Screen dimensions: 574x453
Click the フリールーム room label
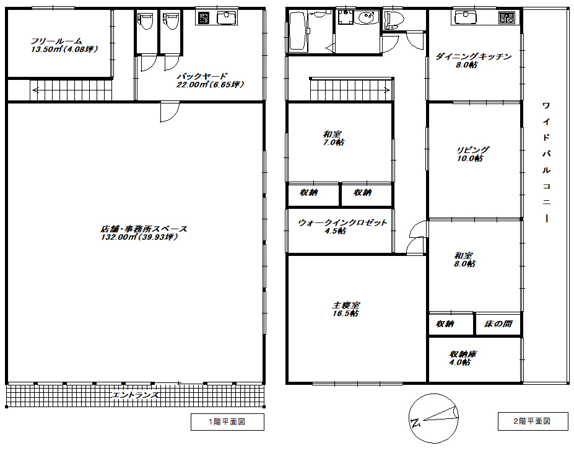64,45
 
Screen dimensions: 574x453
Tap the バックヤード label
210,81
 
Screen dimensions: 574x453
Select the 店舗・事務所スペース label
144,233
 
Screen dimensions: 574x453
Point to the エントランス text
135,395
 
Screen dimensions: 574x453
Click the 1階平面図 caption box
227,422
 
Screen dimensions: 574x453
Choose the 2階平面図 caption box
533,421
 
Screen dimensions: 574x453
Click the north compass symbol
433,418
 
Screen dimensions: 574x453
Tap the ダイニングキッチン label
473,61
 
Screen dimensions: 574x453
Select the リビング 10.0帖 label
472,154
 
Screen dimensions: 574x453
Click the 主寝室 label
346,309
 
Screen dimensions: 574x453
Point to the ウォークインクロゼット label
342,227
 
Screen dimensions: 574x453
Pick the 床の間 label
498,323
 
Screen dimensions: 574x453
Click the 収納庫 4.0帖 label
463,358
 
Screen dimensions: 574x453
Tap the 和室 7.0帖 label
334,138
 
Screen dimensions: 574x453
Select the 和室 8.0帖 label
464,260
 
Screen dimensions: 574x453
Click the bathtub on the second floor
298,32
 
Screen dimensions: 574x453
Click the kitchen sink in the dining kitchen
466,17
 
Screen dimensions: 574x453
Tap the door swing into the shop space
170,112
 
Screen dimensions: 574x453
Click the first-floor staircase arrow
35,90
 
